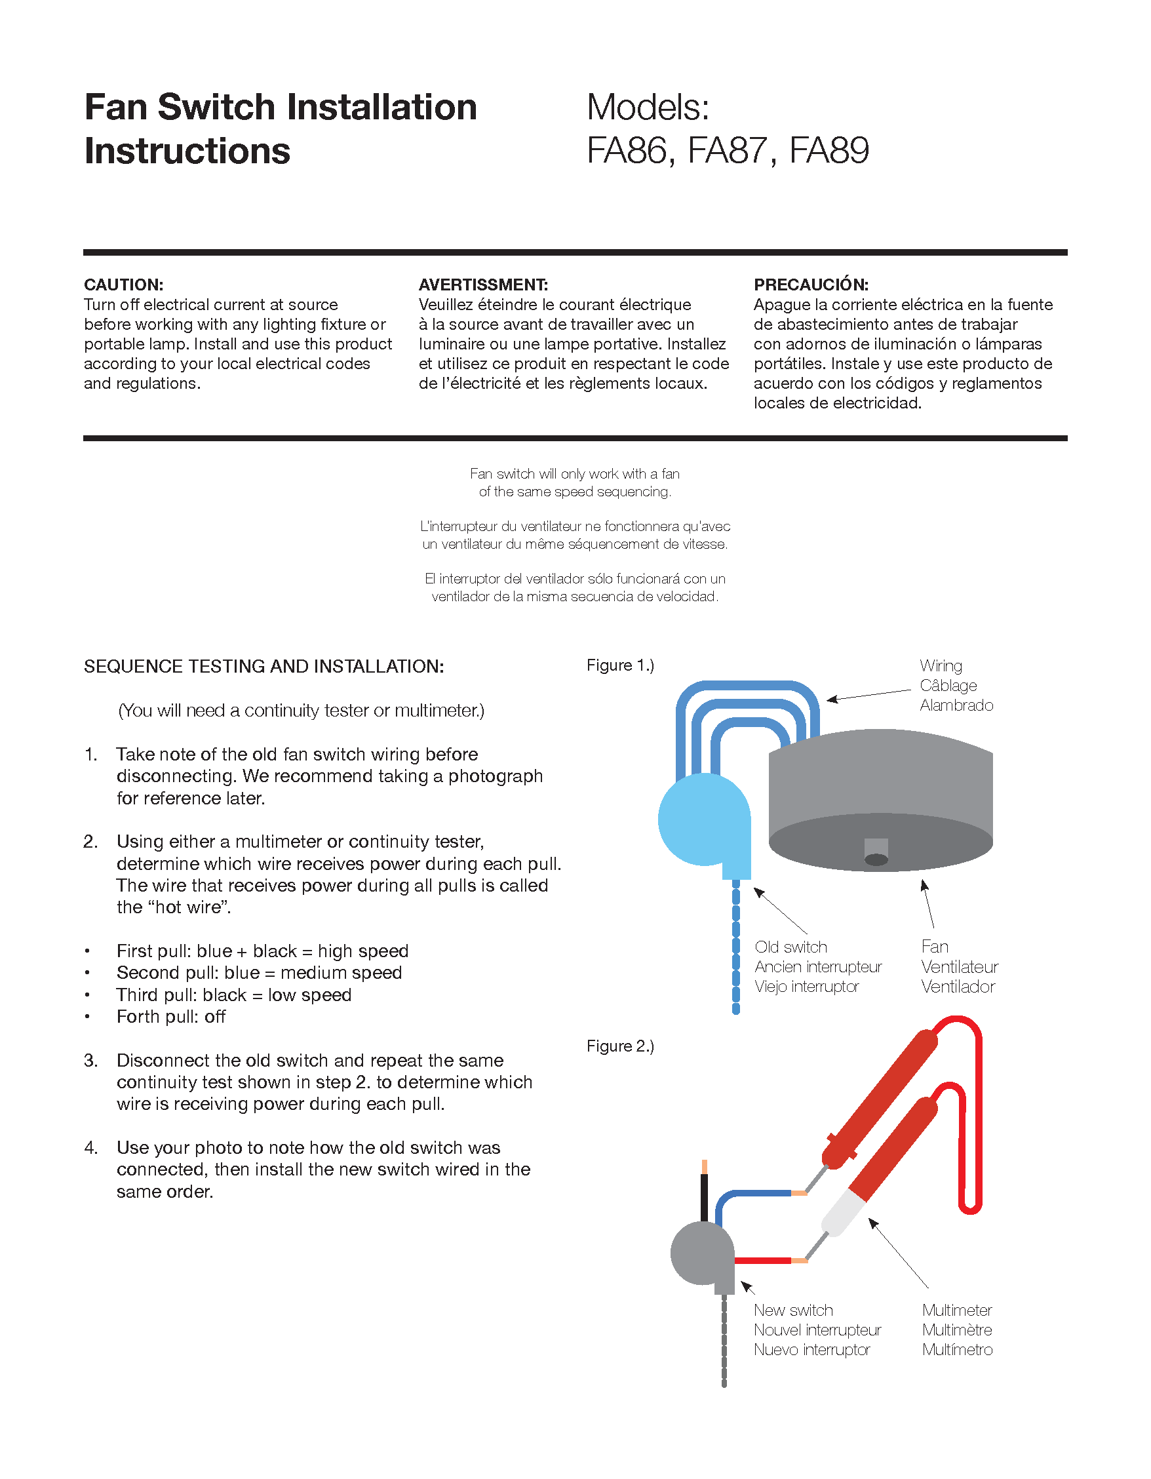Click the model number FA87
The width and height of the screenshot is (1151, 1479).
point(728,150)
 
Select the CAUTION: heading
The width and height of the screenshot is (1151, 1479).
point(123,285)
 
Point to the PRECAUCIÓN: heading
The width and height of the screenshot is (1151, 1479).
point(810,285)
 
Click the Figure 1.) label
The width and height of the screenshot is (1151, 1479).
point(620,665)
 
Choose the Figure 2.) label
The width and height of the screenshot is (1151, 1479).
point(620,1046)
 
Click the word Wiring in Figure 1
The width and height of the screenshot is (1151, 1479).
point(941,665)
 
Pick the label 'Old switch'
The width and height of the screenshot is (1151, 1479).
point(790,947)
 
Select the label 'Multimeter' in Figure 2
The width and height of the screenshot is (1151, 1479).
point(957,1310)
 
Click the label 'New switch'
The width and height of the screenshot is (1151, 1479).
point(793,1310)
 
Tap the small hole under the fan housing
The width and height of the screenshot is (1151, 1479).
point(876,859)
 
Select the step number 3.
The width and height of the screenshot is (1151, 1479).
point(91,1061)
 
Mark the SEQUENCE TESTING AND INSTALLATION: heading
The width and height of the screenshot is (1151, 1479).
point(263,666)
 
